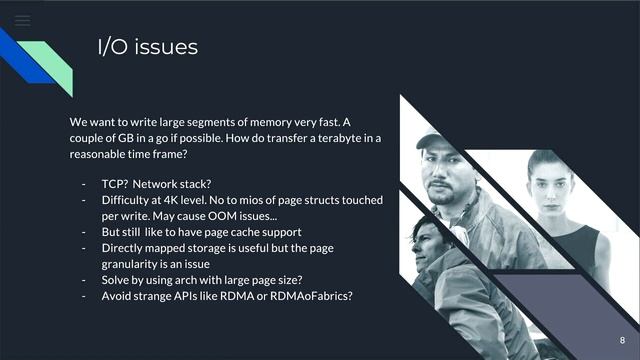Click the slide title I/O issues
(147, 47)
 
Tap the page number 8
(621, 341)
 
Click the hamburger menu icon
(23, 20)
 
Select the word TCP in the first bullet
(111, 184)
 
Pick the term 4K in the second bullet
(171, 200)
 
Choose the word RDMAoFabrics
(314, 296)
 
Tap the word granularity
(136, 264)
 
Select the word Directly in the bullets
(124, 248)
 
